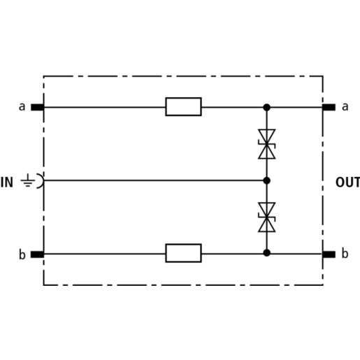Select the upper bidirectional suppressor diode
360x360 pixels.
point(267,144)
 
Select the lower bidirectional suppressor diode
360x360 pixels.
point(267,217)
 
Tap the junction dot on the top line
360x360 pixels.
point(267,108)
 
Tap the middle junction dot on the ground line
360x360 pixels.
point(267,180)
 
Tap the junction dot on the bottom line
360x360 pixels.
point(267,253)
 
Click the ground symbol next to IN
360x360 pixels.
point(28,180)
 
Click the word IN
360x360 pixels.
point(7,182)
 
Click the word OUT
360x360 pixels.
point(347,182)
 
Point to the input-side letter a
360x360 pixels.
point(22,107)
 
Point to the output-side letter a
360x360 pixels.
point(345,106)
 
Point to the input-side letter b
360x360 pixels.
point(22,254)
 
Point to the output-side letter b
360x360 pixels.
point(345,253)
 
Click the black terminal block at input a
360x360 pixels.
point(37,108)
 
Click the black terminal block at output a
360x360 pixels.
point(329,108)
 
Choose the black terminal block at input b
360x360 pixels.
point(37,254)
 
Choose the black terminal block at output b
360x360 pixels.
point(329,254)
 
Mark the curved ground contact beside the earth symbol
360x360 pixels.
point(43,180)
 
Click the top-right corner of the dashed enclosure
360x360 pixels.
point(323,76)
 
